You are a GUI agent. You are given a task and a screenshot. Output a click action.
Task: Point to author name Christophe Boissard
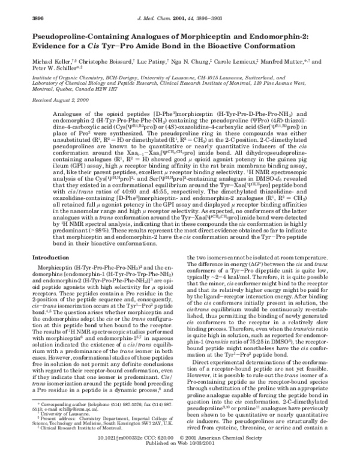click(103, 62)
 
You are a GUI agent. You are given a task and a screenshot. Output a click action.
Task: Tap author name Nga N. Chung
click(193, 62)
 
